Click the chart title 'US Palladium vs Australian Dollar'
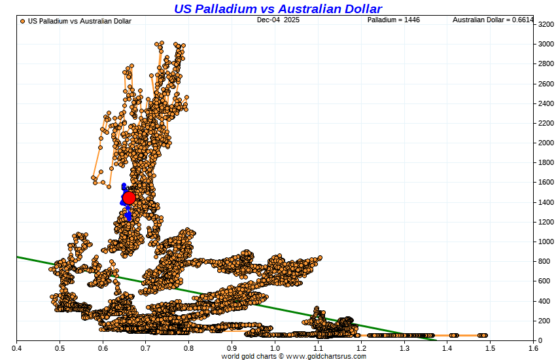coord(278,9)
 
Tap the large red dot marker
coord(129,198)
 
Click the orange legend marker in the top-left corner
coord(23,21)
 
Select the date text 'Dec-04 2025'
coord(277,20)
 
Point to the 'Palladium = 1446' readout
coord(393,20)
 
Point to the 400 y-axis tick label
coord(544,301)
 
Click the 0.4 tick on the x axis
coord(16,348)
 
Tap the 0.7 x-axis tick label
coord(145,348)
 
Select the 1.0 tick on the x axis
coord(275,348)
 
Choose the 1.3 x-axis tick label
coord(404,348)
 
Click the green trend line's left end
coord(18,257)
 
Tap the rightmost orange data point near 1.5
coord(485,335)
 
